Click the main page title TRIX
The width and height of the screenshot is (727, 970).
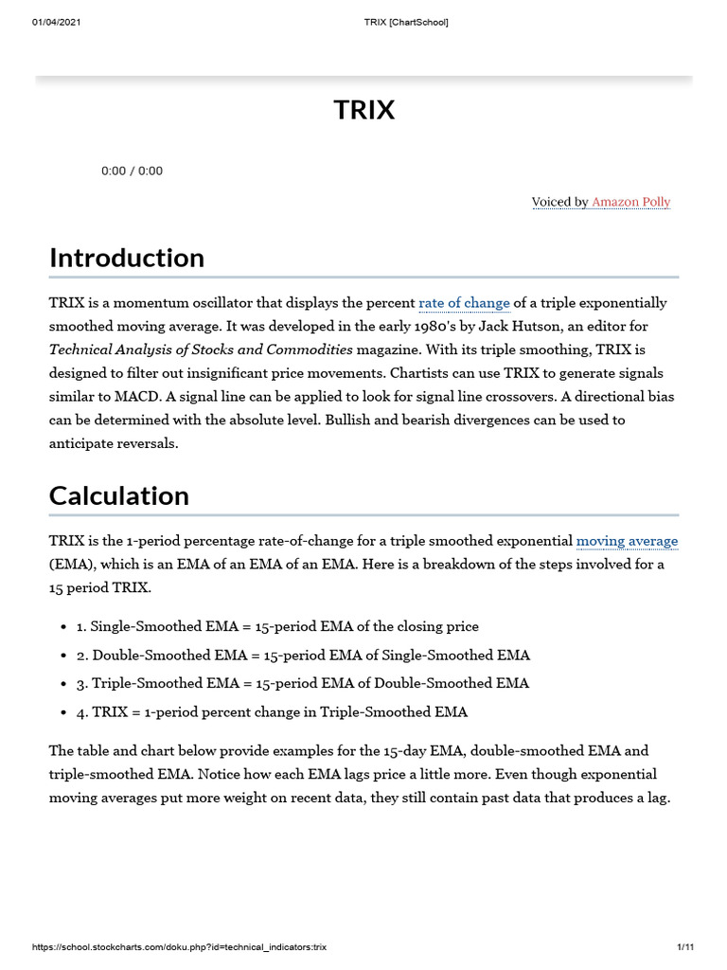[363, 110]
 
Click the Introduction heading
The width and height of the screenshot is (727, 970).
[126, 258]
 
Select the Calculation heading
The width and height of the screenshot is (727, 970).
[118, 495]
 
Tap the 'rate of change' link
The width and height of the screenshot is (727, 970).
[464, 303]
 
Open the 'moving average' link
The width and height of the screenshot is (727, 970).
[627, 541]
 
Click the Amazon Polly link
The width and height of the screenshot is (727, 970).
[630, 202]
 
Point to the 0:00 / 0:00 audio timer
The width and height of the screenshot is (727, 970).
[132, 171]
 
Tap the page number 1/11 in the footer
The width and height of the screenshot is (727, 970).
[685, 947]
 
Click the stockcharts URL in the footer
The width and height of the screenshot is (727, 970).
[179, 947]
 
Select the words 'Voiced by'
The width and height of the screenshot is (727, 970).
[559, 202]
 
